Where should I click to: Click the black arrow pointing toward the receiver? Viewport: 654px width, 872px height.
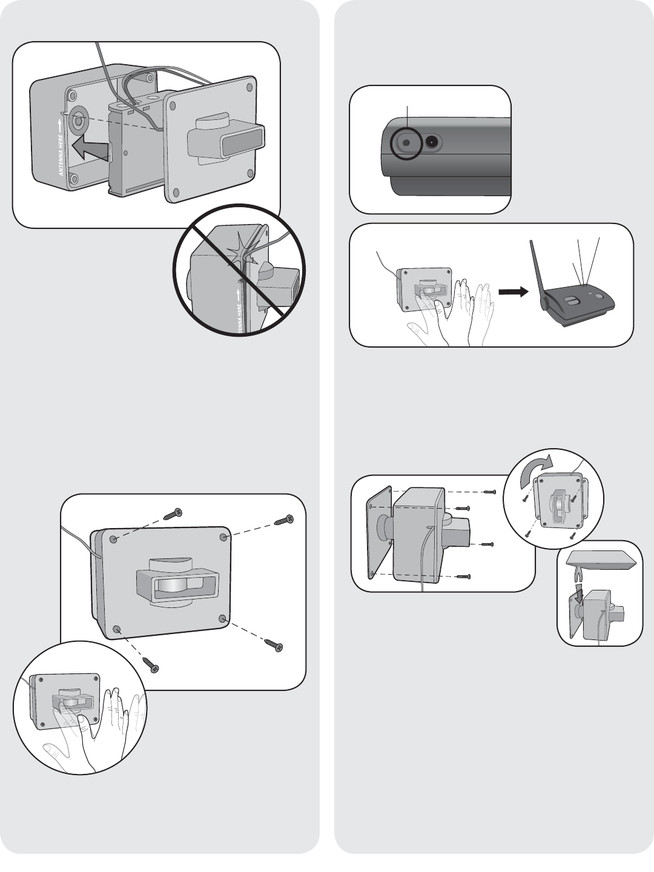coord(512,291)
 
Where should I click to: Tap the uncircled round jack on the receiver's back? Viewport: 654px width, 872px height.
coord(432,143)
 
